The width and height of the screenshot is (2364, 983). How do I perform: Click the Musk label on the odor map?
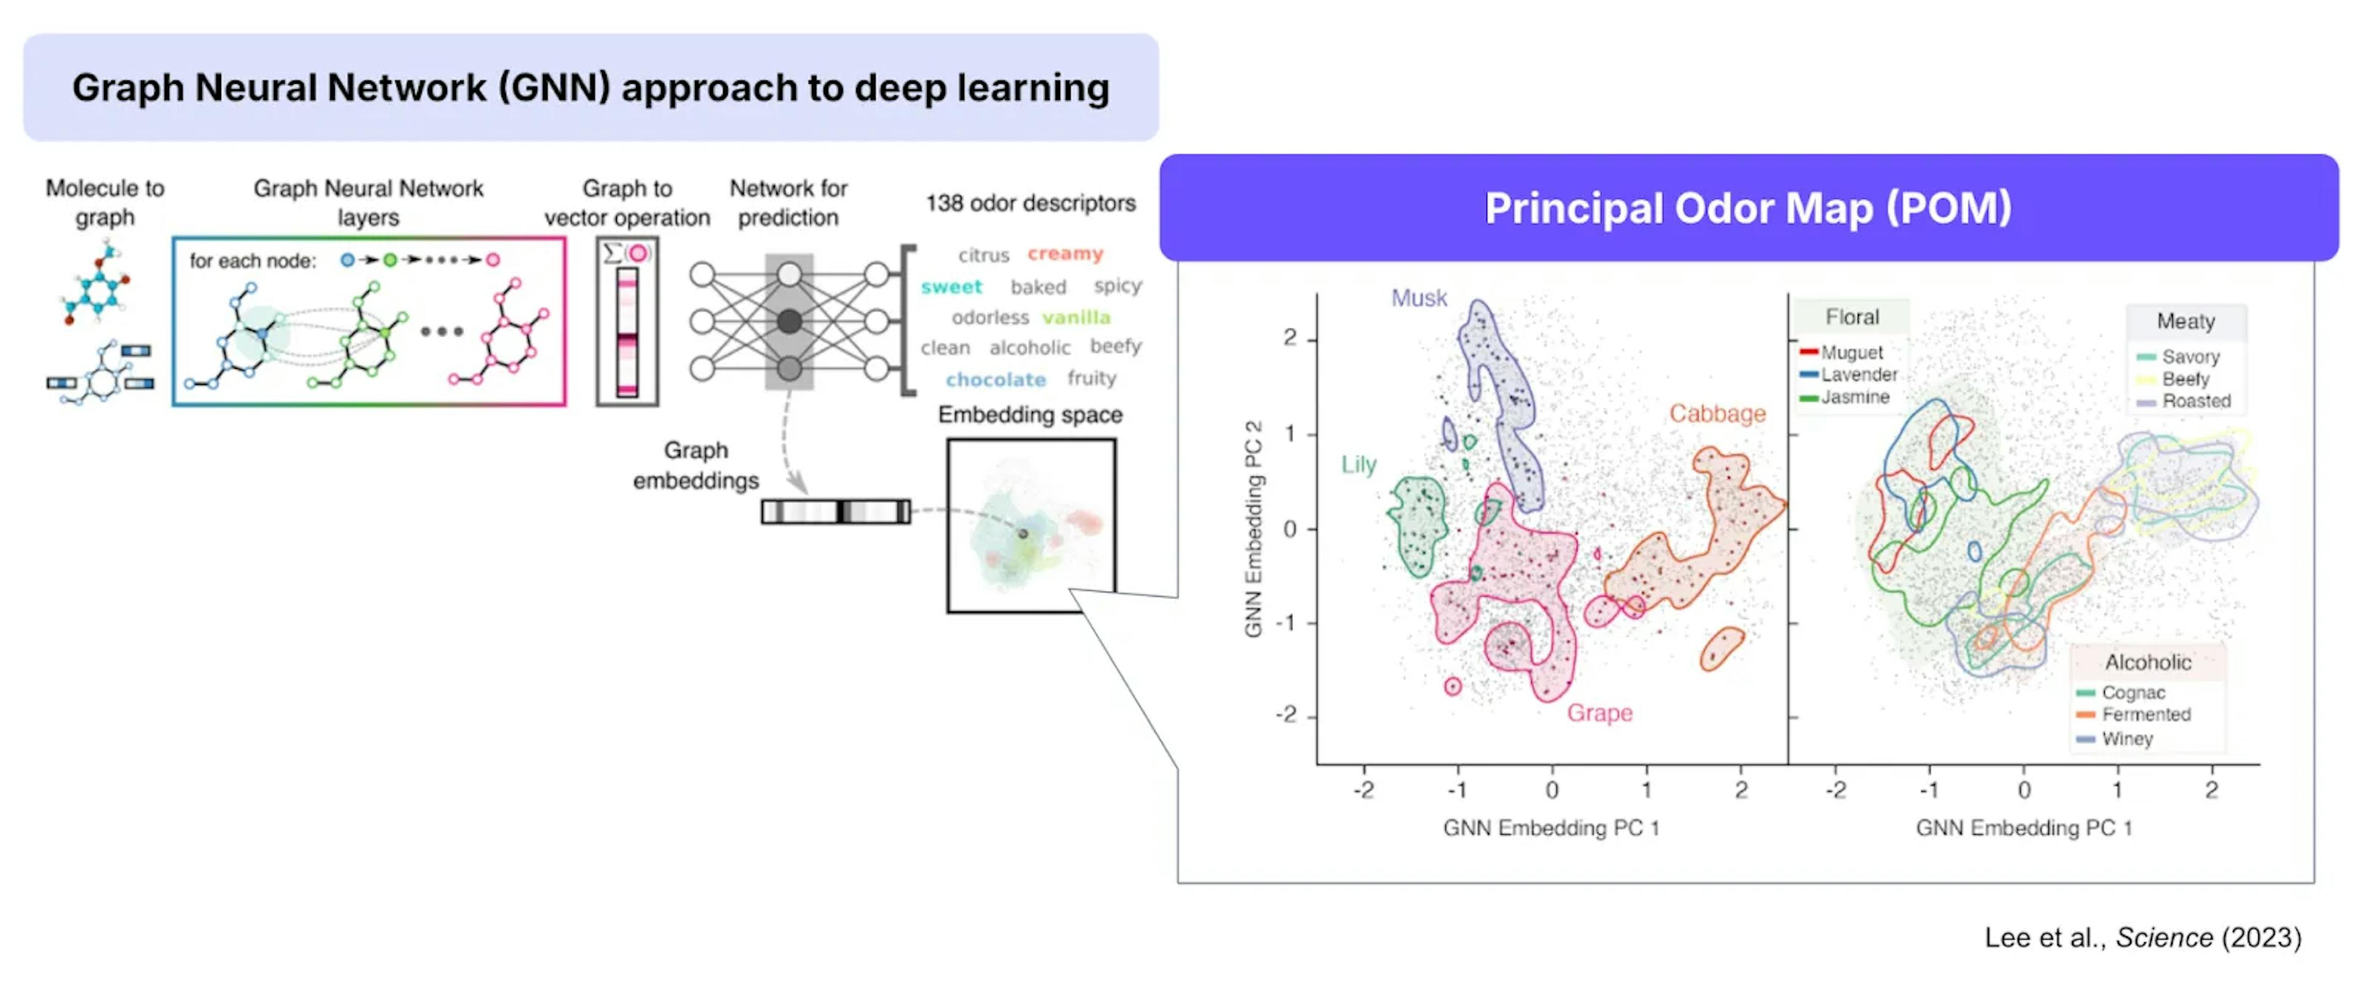pos(1419,298)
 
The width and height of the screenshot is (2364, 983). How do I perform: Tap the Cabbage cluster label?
pos(1717,414)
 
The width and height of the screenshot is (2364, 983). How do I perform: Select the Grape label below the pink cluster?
pos(1599,713)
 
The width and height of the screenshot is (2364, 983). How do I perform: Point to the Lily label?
pos(1359,464)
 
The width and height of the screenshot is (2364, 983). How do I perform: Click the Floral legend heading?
pos(1852,317)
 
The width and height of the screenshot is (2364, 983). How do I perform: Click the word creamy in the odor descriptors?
pos(1064,253)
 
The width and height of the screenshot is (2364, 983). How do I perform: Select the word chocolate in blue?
pos(995,379)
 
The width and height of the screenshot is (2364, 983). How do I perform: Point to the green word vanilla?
pos(1075,318)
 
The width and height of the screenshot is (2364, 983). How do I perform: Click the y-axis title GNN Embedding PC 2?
pos(1253,528)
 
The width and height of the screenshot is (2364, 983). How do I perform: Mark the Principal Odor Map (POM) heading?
pos(1748,208)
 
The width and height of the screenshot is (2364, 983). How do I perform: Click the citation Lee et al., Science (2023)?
pos(2143,937)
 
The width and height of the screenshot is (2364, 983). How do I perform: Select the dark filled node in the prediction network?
pos(789,322)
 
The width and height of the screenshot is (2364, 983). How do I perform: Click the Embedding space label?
pos(1030,415)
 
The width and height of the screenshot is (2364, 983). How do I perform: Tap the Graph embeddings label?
pos(696,466)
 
